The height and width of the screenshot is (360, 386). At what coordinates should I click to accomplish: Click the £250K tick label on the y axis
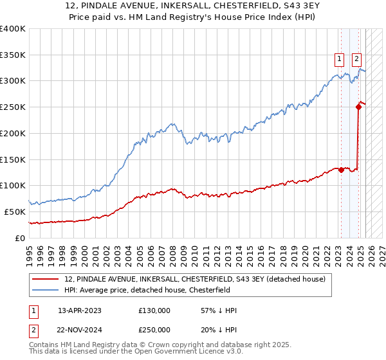coord(13,107)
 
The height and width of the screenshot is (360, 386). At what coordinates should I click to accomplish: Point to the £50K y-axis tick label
coord(15,212)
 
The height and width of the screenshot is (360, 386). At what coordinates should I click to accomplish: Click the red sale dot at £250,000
coord(358,107)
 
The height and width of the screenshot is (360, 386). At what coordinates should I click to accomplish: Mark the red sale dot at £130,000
coord(341,170)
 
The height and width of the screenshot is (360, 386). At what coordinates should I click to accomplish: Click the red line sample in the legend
coord(46,279)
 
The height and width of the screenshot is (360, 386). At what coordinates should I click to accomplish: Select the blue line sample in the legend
coord(46,290)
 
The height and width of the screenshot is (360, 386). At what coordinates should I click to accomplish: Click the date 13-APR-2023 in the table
coord(80,310)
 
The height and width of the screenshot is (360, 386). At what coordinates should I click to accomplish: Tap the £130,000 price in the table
coord(154,310)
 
